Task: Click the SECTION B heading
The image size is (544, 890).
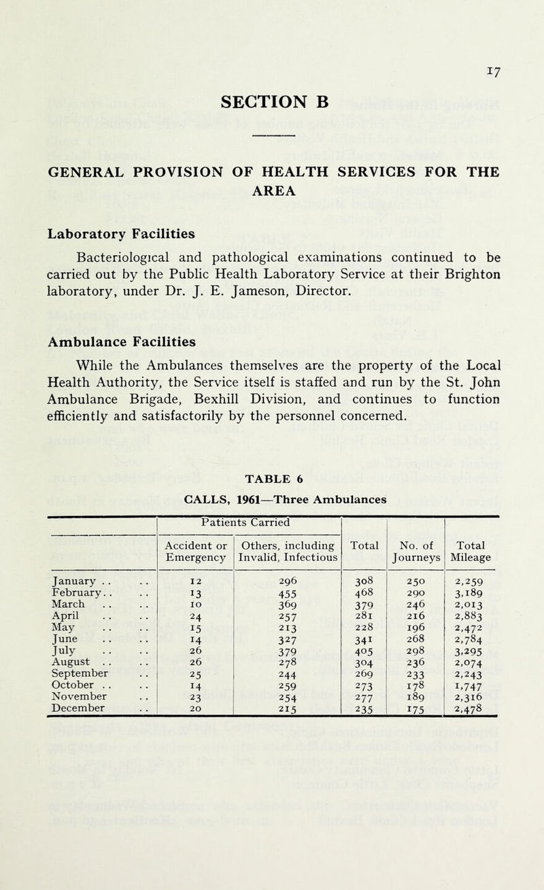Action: point(272,101)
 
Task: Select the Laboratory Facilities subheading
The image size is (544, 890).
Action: point(112,233)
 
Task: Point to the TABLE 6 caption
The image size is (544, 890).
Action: point(271,457)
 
